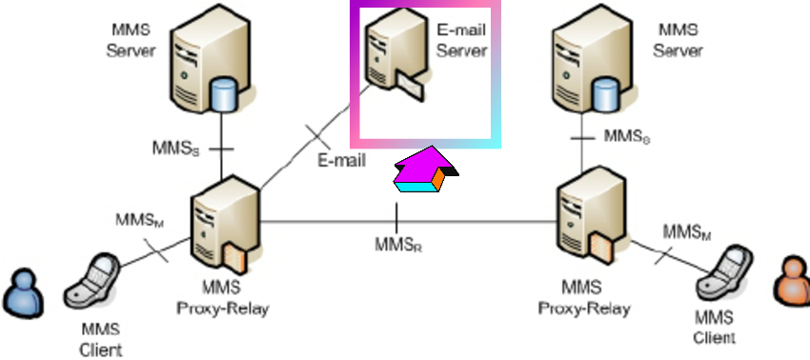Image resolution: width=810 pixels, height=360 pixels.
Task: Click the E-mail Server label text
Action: (461, 40)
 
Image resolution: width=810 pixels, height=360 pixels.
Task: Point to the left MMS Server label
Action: (130, 40)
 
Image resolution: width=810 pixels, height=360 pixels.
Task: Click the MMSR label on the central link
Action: (397, 246)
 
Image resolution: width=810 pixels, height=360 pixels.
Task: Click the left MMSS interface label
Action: (176, 149)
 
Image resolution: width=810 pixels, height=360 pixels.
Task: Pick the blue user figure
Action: (22, 291)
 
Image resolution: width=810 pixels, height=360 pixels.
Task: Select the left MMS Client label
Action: (100, 339)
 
